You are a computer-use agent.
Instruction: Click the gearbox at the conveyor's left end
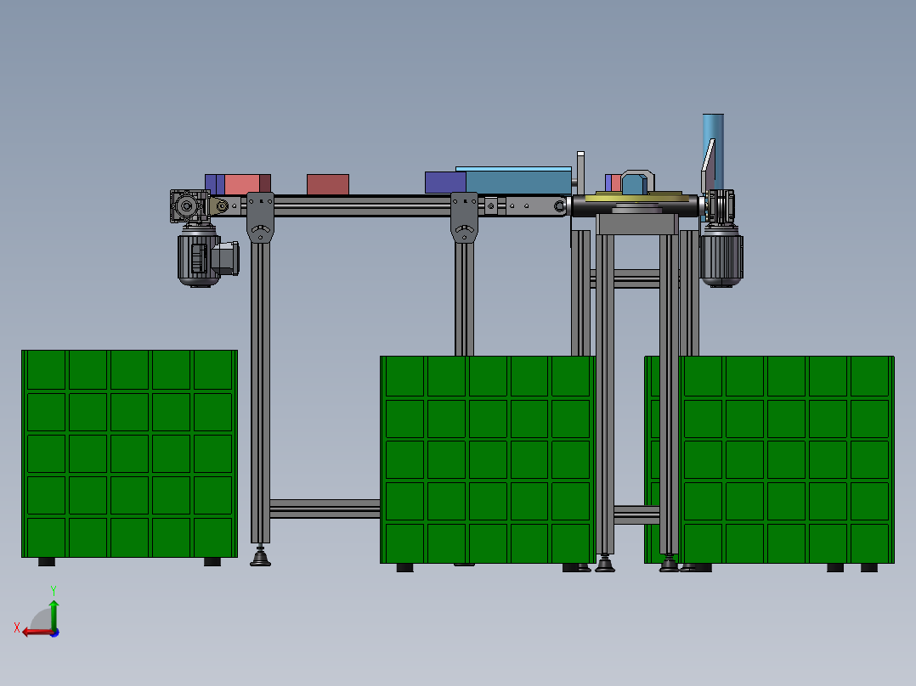click(189, 206)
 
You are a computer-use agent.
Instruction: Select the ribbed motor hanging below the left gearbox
click(199, 258)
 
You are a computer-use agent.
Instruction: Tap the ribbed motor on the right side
click(721, 258)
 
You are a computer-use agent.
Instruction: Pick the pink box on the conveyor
click(241, 184)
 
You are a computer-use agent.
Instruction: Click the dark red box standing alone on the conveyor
click(328, 184)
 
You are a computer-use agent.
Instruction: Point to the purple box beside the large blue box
click(444, 182)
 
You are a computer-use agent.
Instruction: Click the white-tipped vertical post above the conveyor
click(580, 168)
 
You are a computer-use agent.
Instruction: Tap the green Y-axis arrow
click(54, 610)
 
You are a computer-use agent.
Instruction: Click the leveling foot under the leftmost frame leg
click(261, 558)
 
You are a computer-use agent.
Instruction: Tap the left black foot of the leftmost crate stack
click(47, 561)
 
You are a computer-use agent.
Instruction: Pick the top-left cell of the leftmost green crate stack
click(46, 369)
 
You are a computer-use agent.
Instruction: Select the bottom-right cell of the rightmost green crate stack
click(869, 543)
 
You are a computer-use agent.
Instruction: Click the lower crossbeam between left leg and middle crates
click(324, 509)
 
